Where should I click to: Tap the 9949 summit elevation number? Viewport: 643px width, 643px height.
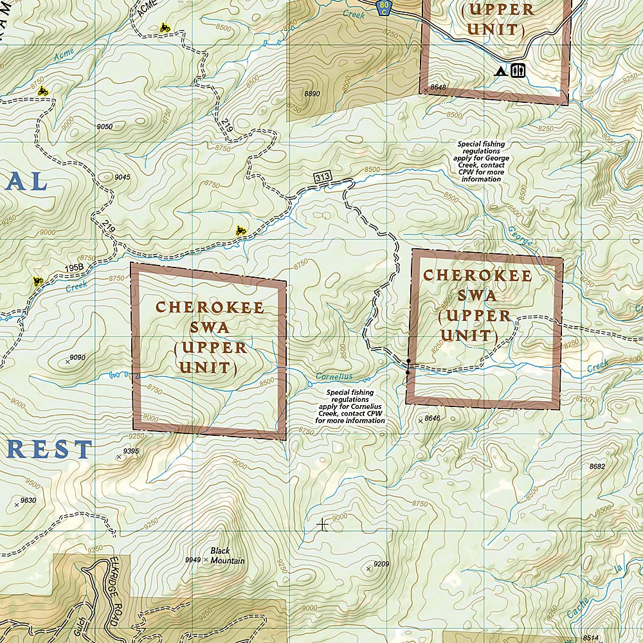click(x=192, y=559)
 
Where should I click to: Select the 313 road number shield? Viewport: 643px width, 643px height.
click(x=322, y=177)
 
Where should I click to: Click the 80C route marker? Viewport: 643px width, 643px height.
click(x=383, y=8)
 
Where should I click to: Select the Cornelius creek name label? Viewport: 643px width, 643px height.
click(x=334, y=377)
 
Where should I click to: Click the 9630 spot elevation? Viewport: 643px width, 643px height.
click(x=28, y=500)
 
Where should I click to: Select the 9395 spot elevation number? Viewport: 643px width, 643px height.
click(x=131, y=451)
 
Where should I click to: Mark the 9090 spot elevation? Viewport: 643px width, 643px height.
click(x=77, y=358)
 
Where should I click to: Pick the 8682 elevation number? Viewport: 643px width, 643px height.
click(x=597, y=466)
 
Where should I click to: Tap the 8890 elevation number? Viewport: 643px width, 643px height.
click(x=312, y=94)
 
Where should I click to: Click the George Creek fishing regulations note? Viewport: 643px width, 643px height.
click(x=480, y=161)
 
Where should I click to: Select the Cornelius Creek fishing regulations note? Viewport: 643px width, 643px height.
click(x=350, y=406)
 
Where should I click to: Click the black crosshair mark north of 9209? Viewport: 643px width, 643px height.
click(x=322, y=525)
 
